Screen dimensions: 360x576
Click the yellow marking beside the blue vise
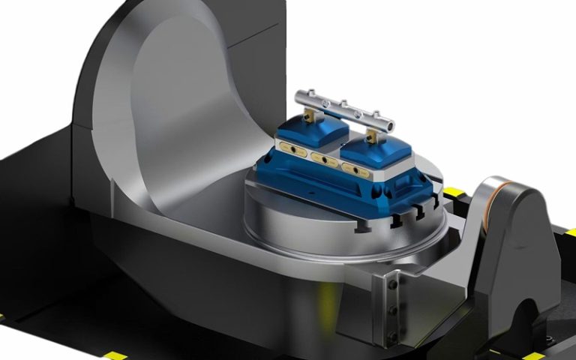pyautogui.click(x=451, y=197)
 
